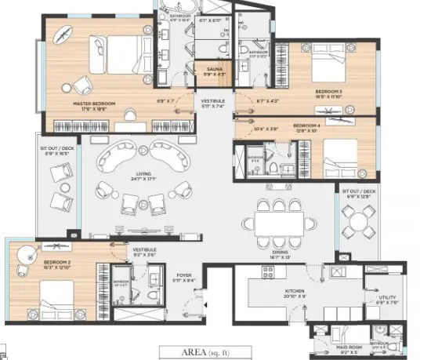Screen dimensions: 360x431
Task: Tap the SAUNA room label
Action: tap(214, 69)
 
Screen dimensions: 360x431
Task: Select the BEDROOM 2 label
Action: tap(35, 261)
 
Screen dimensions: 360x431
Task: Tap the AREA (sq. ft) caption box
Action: tap(207, 352)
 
